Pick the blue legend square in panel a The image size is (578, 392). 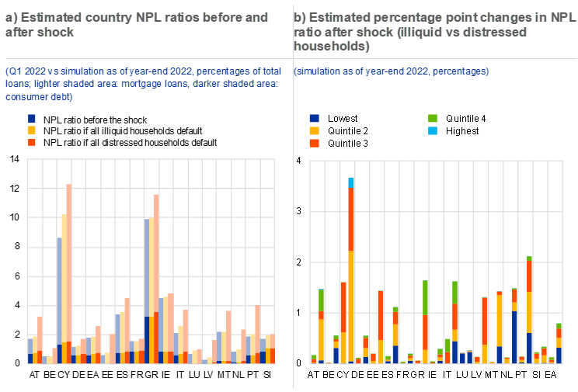tap(32, 118)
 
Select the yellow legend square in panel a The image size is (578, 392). tap(32, 130)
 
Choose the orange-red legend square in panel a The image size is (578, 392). tap(32, 143)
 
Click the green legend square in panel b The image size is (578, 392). tap(433, 118)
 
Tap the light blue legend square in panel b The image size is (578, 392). tap(433, 130)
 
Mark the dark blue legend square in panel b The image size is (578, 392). tap(314, 118)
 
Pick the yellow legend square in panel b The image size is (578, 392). tap(314, 130)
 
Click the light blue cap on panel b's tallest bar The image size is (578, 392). tap(351, 182)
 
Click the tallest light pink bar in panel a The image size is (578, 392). tap(68, 264)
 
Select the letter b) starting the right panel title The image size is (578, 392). tap(299, 17)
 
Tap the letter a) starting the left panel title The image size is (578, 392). tap(11, 17)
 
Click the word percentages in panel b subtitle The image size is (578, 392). tap(461, 71)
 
